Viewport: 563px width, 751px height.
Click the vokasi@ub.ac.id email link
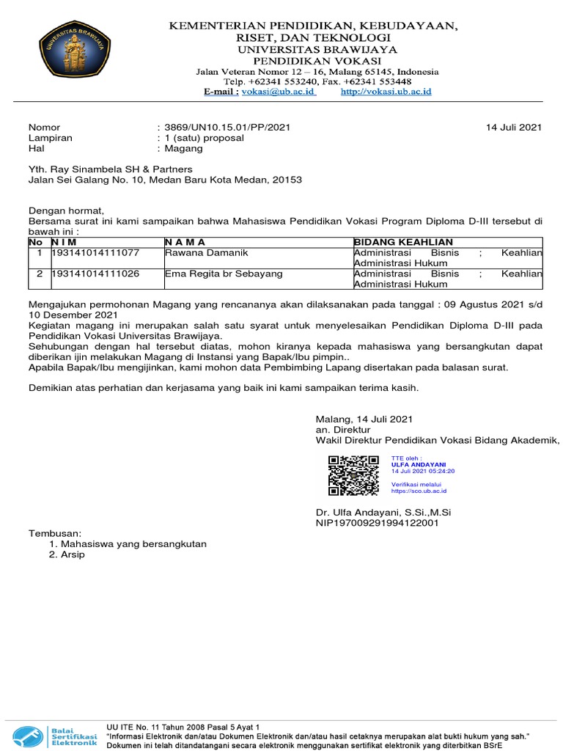(x=279, y=92)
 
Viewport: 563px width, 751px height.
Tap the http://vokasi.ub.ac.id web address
(x=386, y=92)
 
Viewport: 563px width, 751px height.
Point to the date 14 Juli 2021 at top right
(x=514, y=127)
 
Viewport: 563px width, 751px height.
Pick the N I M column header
(x=65, y=242)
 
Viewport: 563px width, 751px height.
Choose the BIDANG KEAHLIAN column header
(x=403, y=242)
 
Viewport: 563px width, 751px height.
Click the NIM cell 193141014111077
(x=95, y=253)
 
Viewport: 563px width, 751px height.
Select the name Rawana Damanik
(x=207, y=253)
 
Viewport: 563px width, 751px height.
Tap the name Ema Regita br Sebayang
(x=224, y=274)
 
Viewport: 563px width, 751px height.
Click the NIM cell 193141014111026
(x=95, y=274)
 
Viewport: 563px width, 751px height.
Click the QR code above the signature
(x=353, y=474)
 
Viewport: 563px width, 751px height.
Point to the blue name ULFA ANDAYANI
(x=419, y=464)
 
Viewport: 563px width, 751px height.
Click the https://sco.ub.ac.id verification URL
(x=419, y=491)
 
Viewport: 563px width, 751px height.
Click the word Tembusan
(x=55, y=532)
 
